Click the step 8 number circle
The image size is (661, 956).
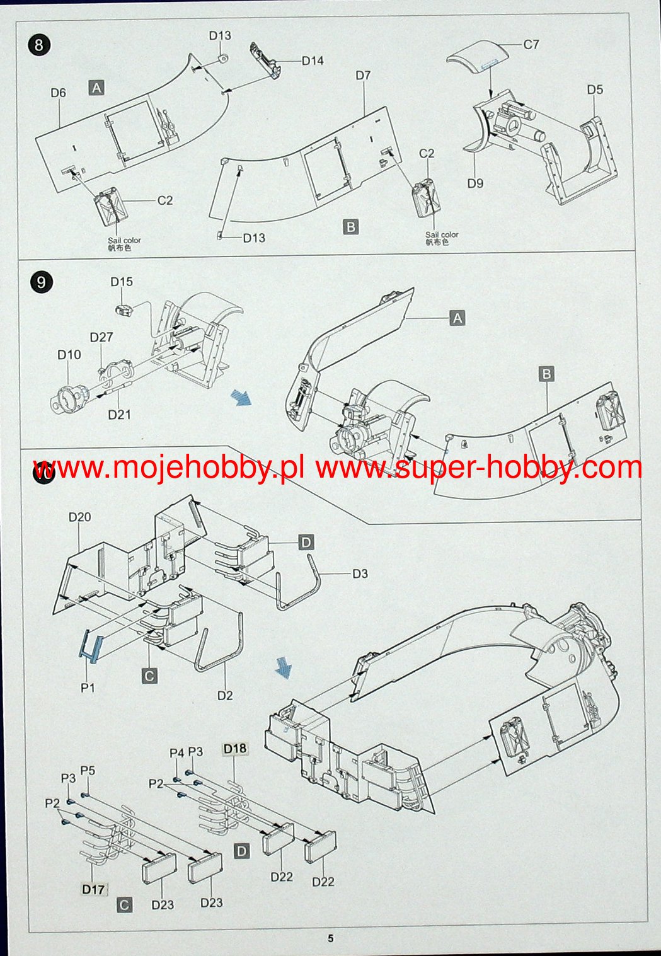pyautogui.click(x=39, y=45)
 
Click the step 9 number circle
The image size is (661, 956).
pyautogui.click(x=41, y=282)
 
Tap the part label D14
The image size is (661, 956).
pyautogui.click(x=313, y=61)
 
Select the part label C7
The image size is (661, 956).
pyautogui.click(x=531, y=44)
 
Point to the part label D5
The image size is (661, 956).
pyautogui.click(x=595, y=89)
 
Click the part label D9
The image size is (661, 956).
pyautogui.click(x=475, y=183)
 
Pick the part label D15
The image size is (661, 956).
pyautogui.click(x=121, y=282)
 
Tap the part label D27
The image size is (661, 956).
pyautogui.click(x=101, y=337)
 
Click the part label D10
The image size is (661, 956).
pyautogui.click(x=69, y=355)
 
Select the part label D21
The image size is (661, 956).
pyautogui.click(x=119, y=415)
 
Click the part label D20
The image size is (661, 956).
pyautogui.click(x=80, y=517)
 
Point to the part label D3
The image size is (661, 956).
pyautogui.click(x=360, y=573)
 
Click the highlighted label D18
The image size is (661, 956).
pyautogui.click(x=234, y=748)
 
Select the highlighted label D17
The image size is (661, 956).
pyautogui.click(x=93, y=889)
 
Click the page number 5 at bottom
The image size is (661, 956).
pyautogui.click(x=330, y=938)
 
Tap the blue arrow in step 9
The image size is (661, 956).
pyautogui.click(x=241, y=398)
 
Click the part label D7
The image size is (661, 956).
pyautogui.click(x=363, y=76)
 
